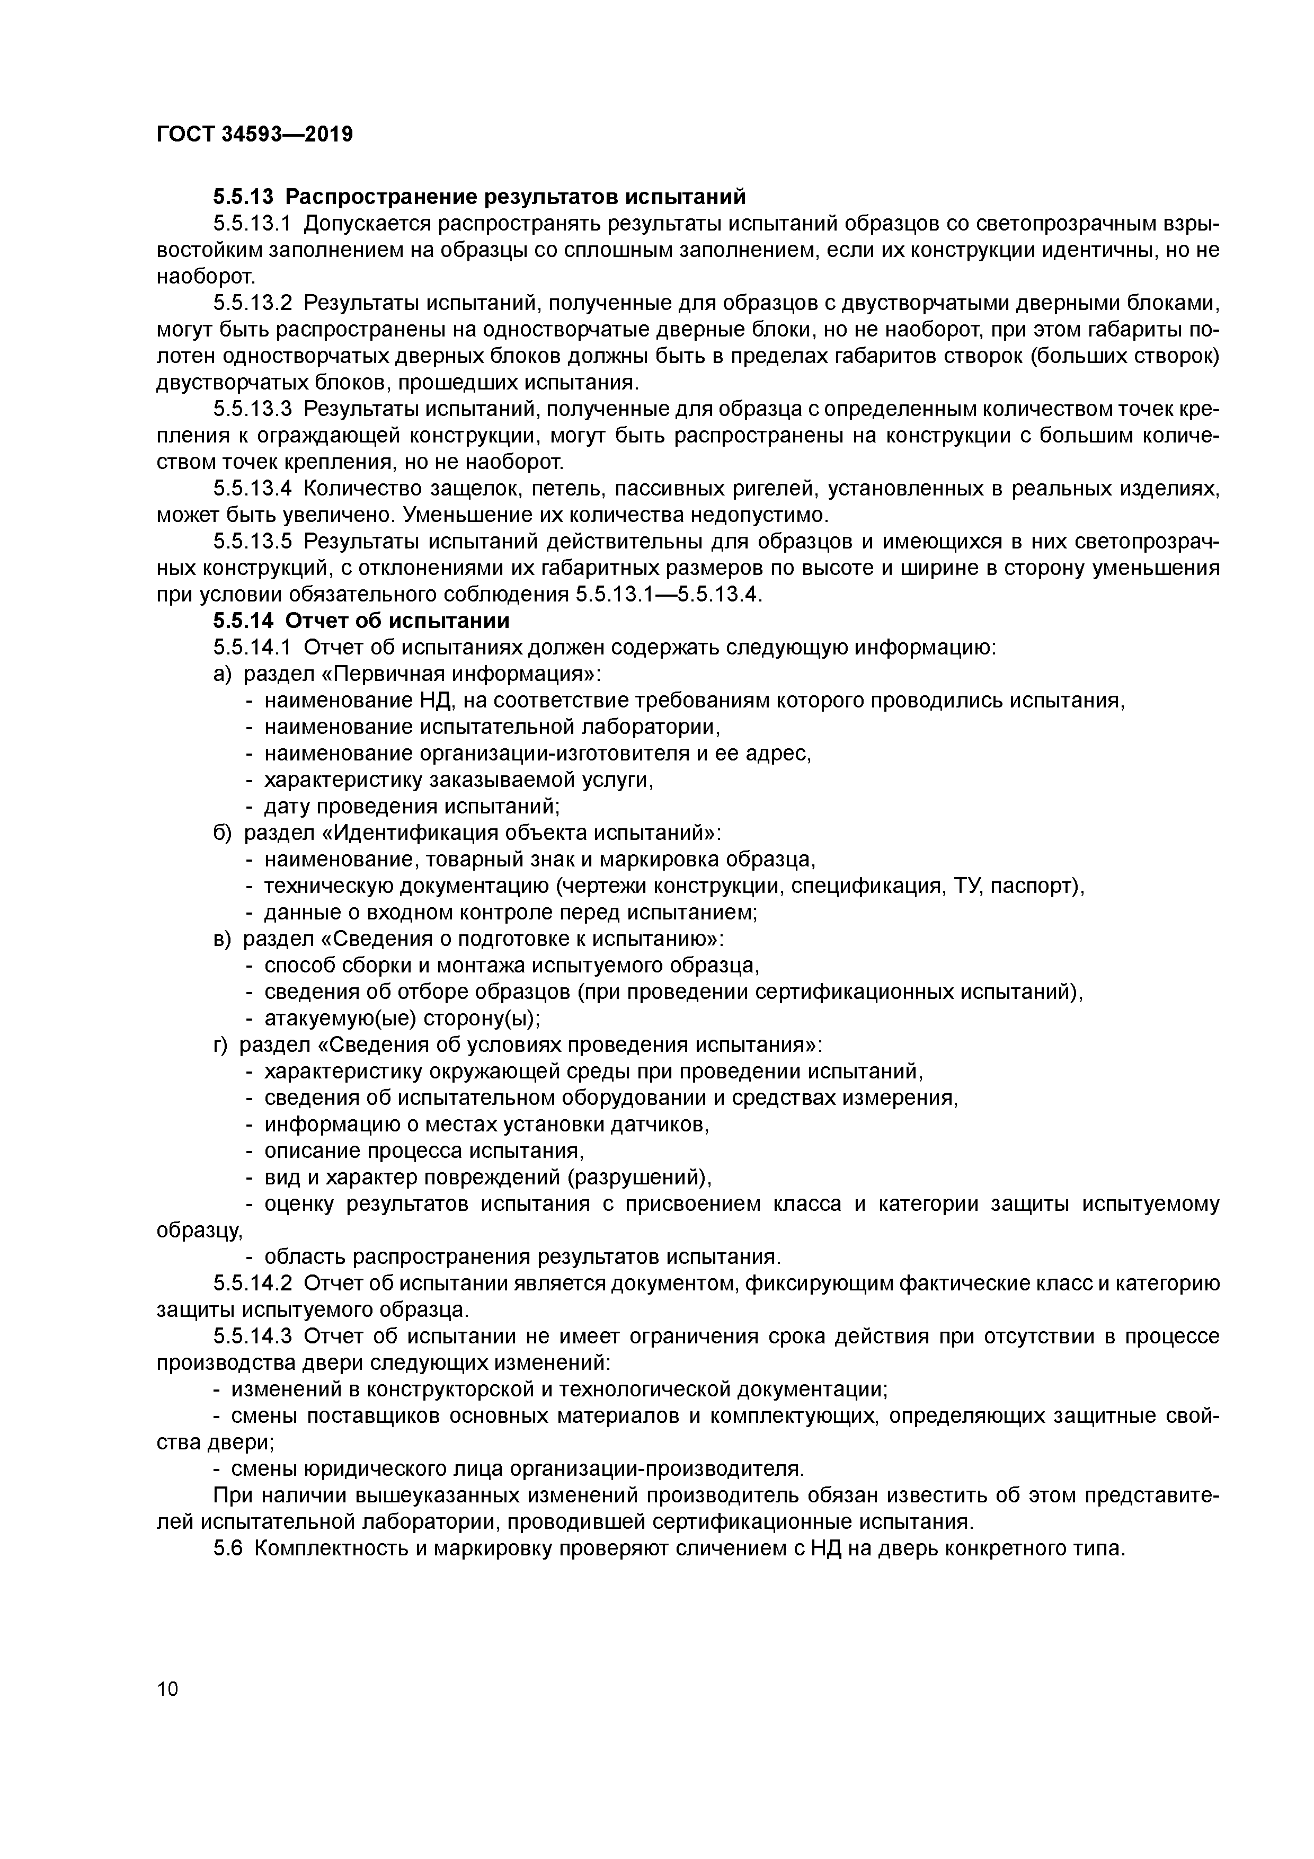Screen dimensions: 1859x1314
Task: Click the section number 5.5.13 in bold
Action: point(244,197)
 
